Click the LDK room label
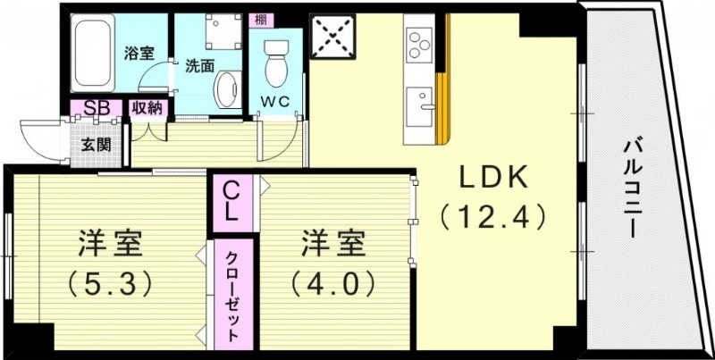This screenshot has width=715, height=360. point(494,179)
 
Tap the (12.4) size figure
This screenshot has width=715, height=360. point(492,215)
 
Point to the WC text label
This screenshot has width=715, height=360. point(275,101)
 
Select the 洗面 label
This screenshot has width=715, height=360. point(199,65)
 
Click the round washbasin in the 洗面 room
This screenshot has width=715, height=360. point(228,90)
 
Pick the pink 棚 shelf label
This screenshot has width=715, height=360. point(259,19)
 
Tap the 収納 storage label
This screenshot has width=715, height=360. point(146,108)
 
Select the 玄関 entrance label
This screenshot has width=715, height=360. point(94,143)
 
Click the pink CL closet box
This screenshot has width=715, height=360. point(230,204)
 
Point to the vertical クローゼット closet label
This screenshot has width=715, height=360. point(231,294)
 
